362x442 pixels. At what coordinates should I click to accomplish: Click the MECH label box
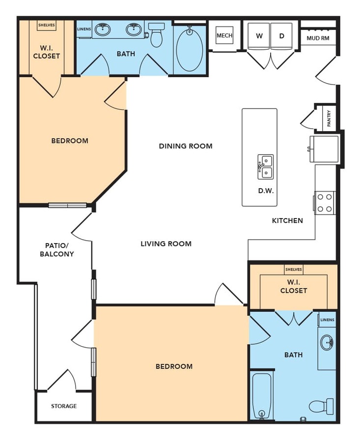click(224, 35)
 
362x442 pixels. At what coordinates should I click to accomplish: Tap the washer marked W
click(259, 36)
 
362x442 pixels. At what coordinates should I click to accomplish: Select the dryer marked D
click(281, 36)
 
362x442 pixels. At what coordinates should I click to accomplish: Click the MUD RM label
click(318, 38)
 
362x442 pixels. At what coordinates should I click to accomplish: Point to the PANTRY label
click(329, 118)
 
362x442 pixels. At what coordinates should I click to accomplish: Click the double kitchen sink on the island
click(265, 167)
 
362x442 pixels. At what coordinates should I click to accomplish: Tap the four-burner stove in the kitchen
click(325, 203)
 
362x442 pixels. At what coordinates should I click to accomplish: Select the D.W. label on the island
click(266, 191)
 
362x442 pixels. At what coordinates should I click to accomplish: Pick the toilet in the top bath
click(156, 34)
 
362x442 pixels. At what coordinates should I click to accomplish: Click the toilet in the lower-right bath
click(321, 406)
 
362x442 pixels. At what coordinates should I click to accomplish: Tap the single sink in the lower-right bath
click(327, 342)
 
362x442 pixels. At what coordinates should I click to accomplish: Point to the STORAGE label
click(64, 406)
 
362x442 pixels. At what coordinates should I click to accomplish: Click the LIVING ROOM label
click(166, 244)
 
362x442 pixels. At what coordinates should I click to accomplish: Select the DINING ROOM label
click(186, 146)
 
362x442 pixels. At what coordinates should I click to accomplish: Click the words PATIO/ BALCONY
click(56, 250)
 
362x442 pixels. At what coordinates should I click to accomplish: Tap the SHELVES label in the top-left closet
click(47, 25)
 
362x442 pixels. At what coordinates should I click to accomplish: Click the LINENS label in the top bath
click(84, 29)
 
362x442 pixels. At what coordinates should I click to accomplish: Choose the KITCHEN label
click(287, 221)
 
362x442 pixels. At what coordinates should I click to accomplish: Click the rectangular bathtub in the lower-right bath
click(262, 396)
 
